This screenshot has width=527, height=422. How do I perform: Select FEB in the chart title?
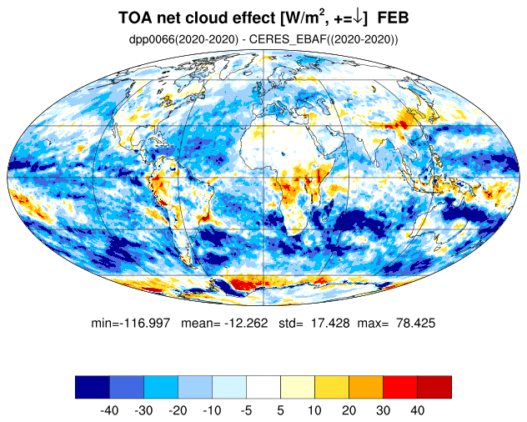click(x=393, y=18)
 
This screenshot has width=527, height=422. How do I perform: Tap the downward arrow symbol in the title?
click(x=359, y=18)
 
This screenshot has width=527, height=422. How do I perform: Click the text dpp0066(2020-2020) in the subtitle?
click(x=183, y=40)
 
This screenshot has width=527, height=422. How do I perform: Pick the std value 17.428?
click(x=330, y=323)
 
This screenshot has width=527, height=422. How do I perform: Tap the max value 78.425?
click(x=416, y=323)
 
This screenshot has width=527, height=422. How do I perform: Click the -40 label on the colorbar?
click(x=109, y=410)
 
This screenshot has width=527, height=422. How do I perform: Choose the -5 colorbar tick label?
click(x=246, y=410)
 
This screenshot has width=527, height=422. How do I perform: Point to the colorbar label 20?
click(x=349, y=410)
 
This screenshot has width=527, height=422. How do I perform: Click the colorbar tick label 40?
click(x=418, y=410)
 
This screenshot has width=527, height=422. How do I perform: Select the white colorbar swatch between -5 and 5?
click(x=263, y=387)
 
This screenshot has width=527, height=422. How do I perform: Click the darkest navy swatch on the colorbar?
click(x=93, y=387)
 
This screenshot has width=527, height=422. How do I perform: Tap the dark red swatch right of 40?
click(x=434, y=387)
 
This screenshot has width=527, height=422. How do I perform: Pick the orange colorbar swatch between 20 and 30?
click(x=366, y=387)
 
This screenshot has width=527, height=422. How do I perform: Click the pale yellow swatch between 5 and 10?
click(x=298, y=387)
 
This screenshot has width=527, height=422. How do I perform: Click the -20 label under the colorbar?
click(x=178, y=410)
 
